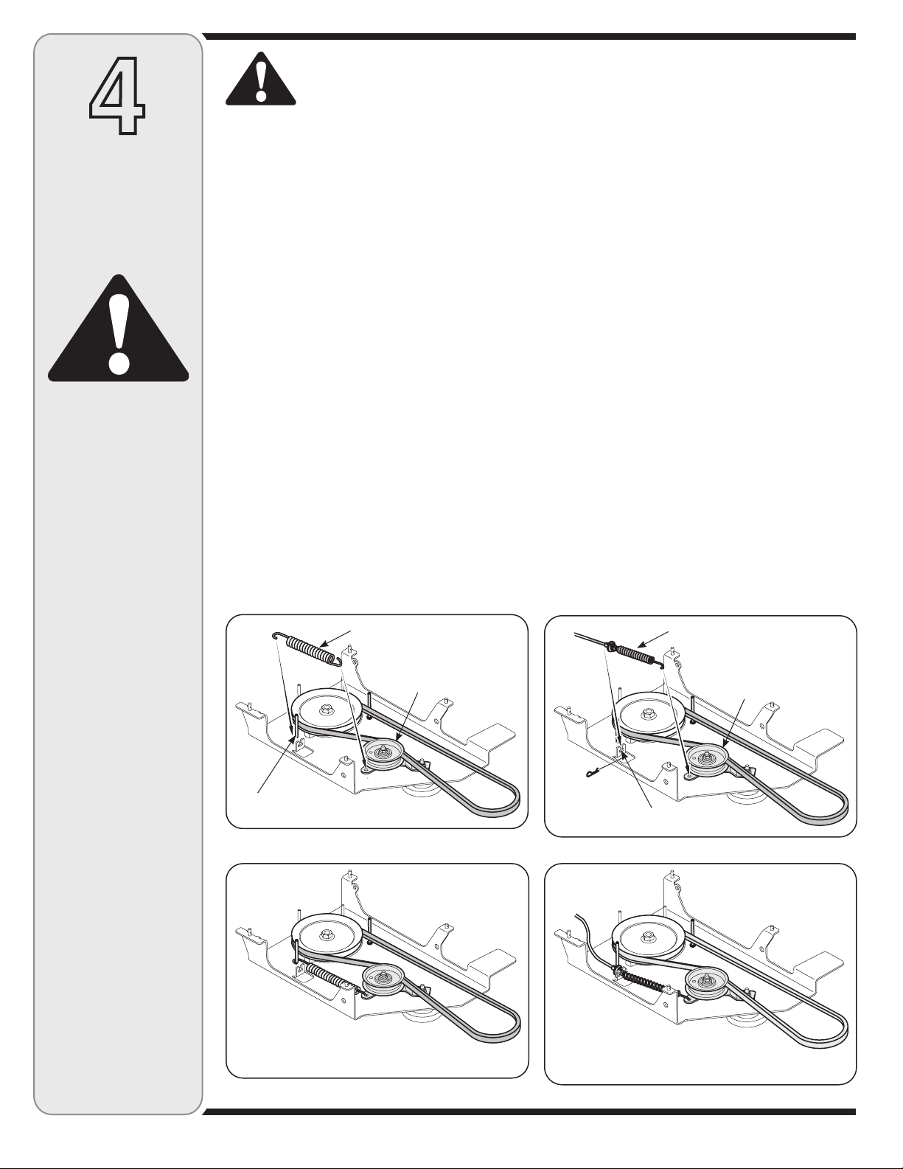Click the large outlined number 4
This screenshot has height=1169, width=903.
[116, 94]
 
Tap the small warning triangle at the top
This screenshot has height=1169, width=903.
[261, 79]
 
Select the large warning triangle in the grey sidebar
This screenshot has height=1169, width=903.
[118, 329]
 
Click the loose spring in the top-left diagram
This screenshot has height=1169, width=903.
[307, 648]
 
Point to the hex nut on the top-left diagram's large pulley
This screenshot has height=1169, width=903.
[324, 711]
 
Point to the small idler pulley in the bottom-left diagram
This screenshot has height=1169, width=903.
[384, 979]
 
